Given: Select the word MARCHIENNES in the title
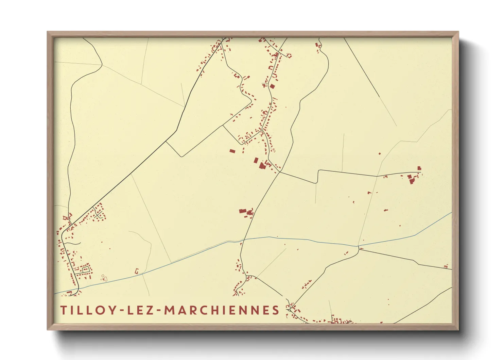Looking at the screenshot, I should coord(222,310).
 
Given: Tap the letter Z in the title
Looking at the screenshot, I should coord(150,310).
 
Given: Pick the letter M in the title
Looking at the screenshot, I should coord(170,310).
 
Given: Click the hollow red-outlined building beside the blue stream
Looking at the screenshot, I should coord(137,271).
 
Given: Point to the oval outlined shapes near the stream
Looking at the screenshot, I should coord(104,278).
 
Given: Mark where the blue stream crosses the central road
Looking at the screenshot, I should coord(243,240).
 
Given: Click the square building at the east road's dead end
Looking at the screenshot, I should coord(419,168).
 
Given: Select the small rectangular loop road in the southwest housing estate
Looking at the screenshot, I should coord(85,269).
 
